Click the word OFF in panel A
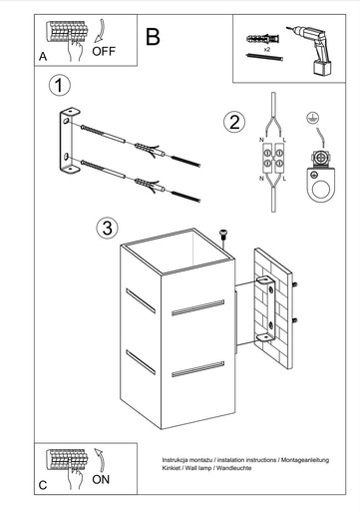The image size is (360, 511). [x=104, y=51]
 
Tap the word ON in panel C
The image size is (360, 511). [x=101, y=479]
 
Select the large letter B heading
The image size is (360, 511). [x=153, y=37]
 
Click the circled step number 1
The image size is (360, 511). [x=60, y=86]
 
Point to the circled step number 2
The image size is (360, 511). [x=234, y=122]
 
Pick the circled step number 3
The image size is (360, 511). [x=107, y=229]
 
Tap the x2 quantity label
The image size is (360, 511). [x=266, y=49]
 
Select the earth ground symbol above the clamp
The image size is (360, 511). [x=312, y=118]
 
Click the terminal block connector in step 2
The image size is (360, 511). [x=273, y=158]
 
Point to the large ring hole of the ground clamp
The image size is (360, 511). [x=321, y=191]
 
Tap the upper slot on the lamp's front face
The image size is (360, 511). [x=197, y=307]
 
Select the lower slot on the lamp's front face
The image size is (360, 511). [x=197, y=369]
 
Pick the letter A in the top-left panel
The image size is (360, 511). [x=43, y=57]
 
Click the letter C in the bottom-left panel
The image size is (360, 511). [x=43, y=485]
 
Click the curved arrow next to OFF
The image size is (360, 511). [x=100, y=31]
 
